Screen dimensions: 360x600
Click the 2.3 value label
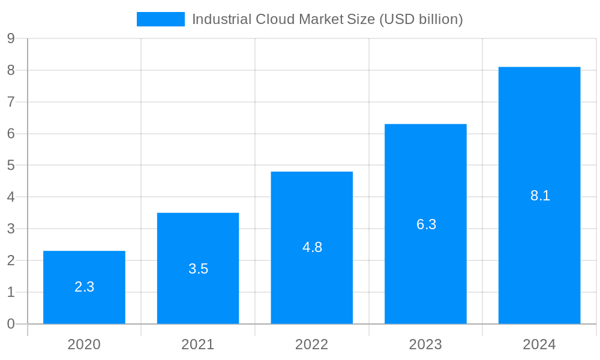click(84, 287)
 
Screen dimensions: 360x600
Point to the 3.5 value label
click(198, 269)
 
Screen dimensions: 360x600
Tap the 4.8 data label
click(312, 247)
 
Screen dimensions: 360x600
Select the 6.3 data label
click(426, 224)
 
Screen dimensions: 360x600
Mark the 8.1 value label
click(540, 196)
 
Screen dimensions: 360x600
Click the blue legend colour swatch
click(160, 19)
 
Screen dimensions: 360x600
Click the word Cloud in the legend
click(275, 19)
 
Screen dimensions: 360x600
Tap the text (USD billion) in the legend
click(421, 19)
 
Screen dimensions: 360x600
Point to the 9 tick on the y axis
click(11, 39)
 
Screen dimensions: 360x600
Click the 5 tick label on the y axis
click(11, 166)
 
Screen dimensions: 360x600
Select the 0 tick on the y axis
click(11, 324)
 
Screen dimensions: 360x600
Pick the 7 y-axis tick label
click(11, 102)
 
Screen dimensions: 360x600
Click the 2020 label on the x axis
click(84, 344)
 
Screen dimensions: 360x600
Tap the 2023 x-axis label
click(425, 344)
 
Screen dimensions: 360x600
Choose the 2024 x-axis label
click(539, 344)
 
